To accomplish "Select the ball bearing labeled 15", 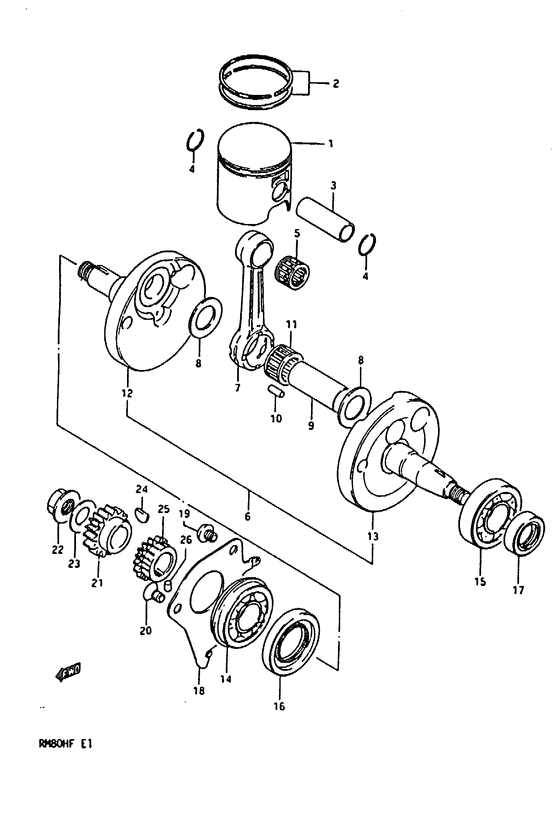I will click(488, 518).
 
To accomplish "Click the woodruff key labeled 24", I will click(142, 516).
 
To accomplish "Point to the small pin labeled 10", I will click(276, 392).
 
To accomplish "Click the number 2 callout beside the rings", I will click(335, 84).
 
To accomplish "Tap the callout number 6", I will click(247, 517).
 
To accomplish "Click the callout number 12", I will click(127, 394).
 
